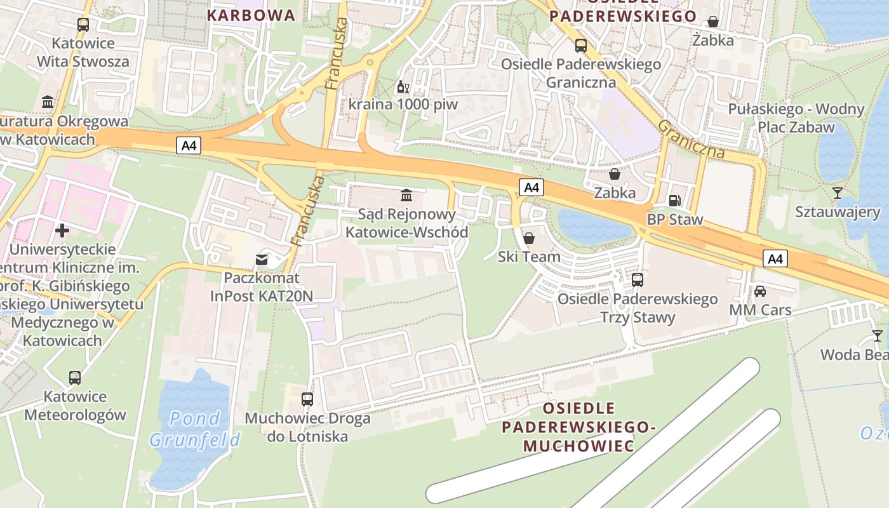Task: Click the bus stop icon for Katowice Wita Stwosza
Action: (x=83, y=25)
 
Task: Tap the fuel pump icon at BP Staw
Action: (x=675, y=201)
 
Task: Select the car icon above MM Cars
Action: (x=759, y=291)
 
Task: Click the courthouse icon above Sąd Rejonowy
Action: (x=406, y=195)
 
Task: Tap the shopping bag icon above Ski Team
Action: (x=528, y=238)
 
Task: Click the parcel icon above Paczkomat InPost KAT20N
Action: (x=262, y=259)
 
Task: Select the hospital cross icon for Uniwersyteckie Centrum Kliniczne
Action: (x=62, y=230)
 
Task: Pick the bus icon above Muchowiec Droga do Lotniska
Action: (x=307, y=399)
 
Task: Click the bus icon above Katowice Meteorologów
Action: (x=75, y=378)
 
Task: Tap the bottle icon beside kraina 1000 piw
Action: (x=401, y=86)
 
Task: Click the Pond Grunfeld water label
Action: (x=195, y=429)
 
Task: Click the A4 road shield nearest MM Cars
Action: (x=775, y=258)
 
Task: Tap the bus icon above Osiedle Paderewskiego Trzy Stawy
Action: (x=637, y=279)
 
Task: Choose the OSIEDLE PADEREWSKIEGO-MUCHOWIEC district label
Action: (x=578, y=427)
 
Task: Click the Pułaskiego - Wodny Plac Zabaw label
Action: (x=796, y=117)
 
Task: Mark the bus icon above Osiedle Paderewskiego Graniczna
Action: (x=580, y=46)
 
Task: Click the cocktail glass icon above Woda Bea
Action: (x=877, y=336)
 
